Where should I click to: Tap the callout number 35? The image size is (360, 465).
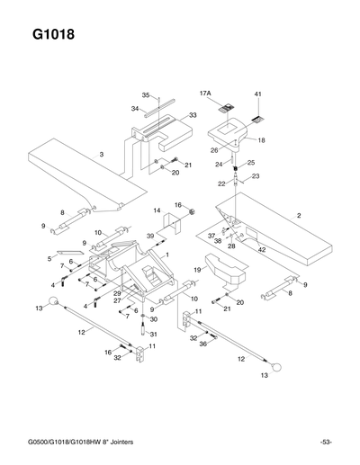coord(145,94)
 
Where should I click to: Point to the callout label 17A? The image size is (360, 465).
coord(204,93)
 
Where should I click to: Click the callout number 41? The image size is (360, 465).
coord(257,94)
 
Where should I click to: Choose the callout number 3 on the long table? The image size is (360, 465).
coord(102,155)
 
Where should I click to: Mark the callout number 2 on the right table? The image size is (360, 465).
coord(298,215)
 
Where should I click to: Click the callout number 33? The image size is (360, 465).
coord(193,115)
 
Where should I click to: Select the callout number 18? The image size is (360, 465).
coord(261,140)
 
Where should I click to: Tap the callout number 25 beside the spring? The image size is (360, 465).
coord(251,162)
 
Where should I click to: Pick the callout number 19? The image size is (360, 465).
coord(195,269)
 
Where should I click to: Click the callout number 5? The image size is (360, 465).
coord(49,257)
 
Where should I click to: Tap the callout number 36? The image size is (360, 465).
coord(203,344)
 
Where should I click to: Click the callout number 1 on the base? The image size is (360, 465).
coord(166,255)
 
